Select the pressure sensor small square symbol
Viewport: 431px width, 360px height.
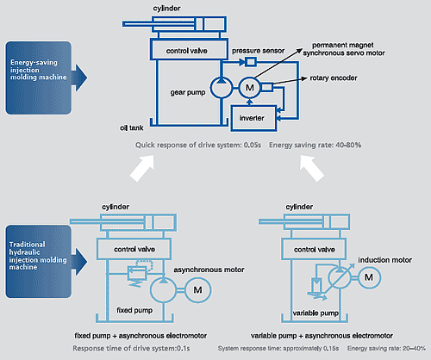pos(251,62)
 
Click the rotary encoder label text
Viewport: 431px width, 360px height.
pos(334,78)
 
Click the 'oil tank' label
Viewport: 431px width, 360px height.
pos(132,127)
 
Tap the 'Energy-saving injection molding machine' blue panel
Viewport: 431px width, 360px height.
pos(39,78)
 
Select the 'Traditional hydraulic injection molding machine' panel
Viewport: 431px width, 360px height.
pos(39,261)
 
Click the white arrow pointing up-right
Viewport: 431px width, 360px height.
pos(142,169)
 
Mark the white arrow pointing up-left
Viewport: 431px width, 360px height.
pos(312,169)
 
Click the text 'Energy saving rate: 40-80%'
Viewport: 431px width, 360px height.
pos(315,145)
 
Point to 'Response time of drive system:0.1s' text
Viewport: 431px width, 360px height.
pos(131,348)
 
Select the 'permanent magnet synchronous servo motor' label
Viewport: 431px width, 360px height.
pos(344,49)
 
